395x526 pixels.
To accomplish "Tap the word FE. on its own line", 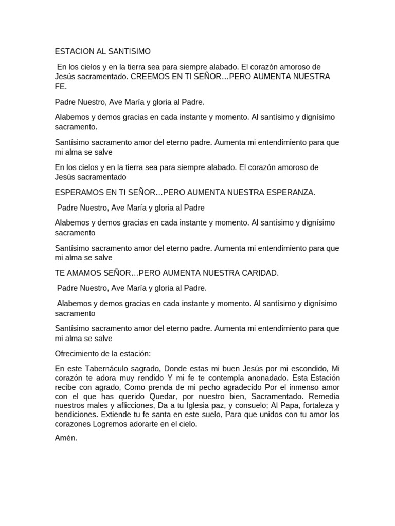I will (x=61, y=86).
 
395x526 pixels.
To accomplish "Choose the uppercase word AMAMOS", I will (x=85, y=273).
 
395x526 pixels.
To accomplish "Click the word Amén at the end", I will (x=66, y=438).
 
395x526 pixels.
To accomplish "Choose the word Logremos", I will (x=110, y=424).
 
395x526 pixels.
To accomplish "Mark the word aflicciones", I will (x=119, y=405).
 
